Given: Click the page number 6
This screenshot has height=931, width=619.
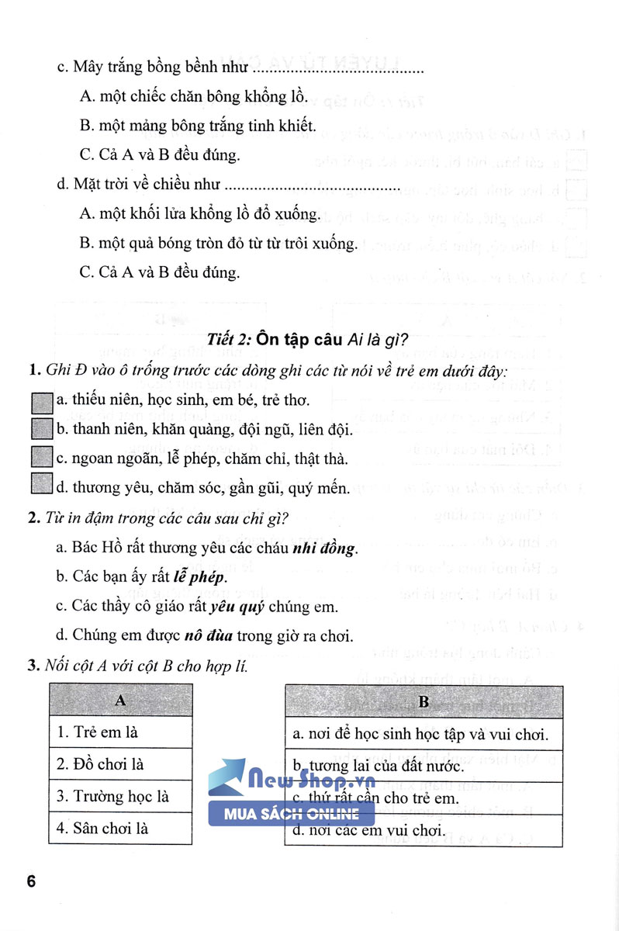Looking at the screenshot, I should point(31,882).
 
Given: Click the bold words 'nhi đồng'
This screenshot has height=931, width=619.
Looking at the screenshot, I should point(323,549).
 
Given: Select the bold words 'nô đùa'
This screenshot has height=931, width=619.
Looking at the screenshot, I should point(207,636).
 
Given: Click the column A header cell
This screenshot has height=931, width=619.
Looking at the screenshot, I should point(120,700).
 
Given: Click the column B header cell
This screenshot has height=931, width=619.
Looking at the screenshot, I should point(424,702).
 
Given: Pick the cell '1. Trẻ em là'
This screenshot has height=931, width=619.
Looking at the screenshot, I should point(120,732).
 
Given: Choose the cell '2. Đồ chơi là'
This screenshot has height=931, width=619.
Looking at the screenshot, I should point(120,764).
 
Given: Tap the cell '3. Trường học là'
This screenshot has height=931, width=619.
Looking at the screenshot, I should point(120,797).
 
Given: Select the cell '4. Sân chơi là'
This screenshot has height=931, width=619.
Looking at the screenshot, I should point(120,829).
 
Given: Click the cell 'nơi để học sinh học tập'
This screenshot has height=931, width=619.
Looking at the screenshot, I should point(424,734).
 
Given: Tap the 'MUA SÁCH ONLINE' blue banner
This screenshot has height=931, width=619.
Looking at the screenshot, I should point(292,814).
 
